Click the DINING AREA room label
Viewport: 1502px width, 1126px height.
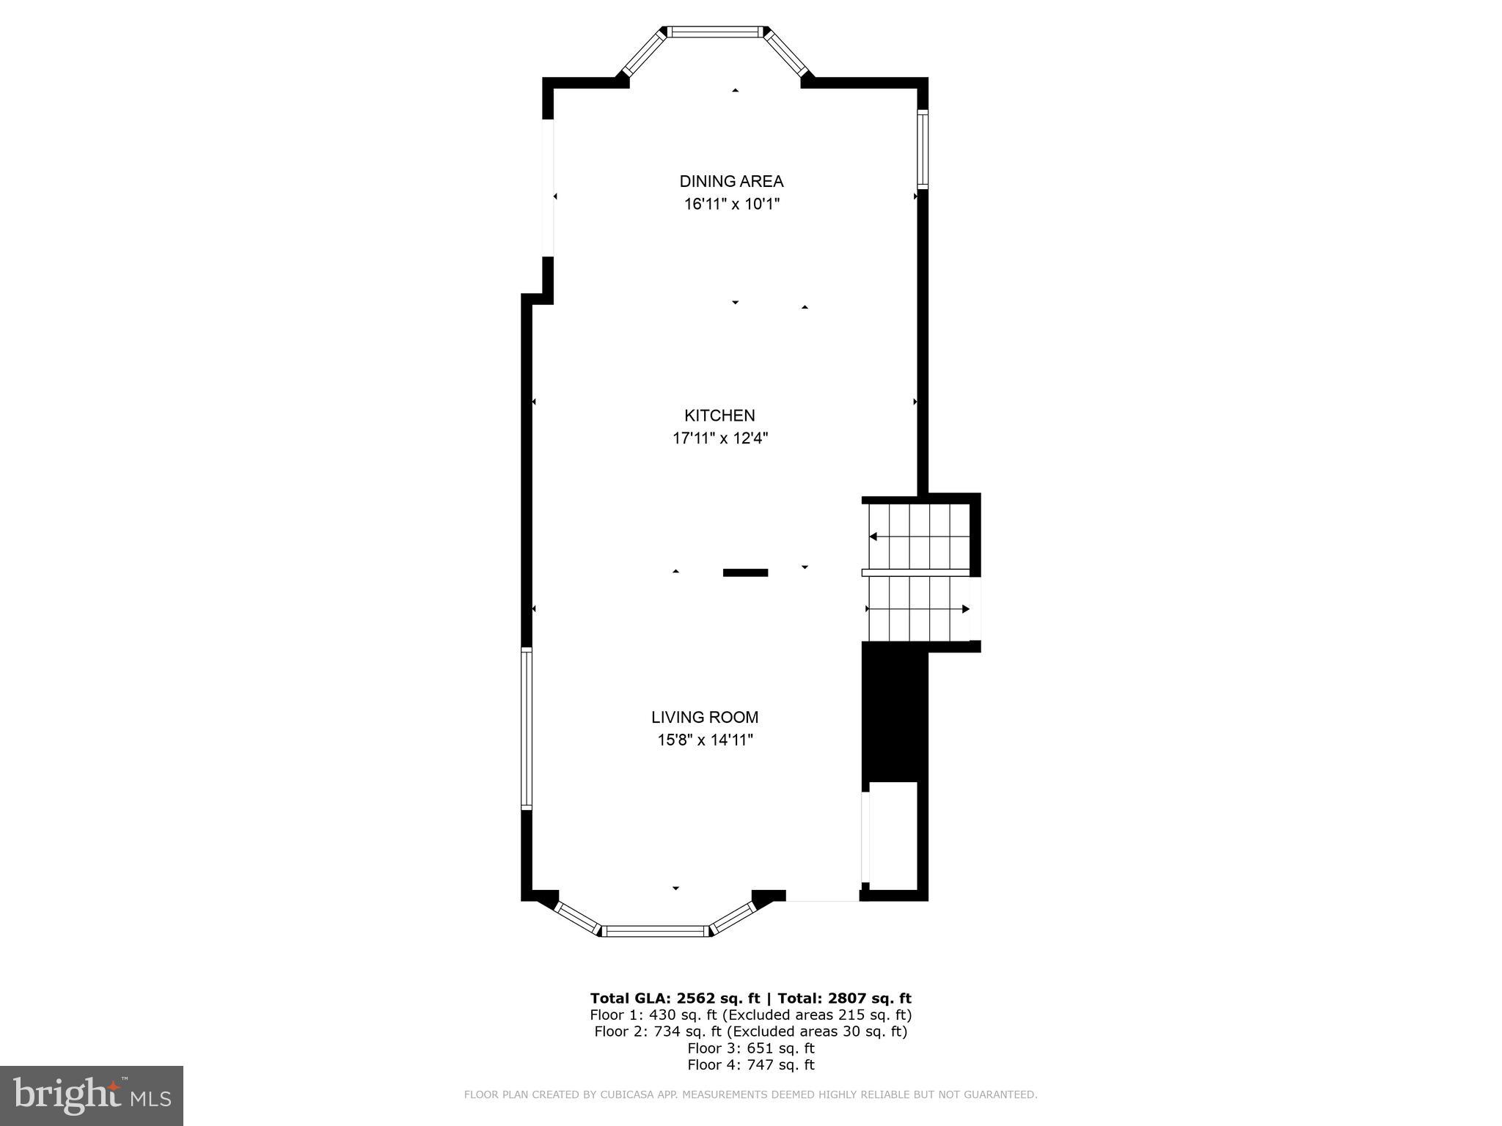(731, 181)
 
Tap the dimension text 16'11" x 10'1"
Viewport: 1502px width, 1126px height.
(731, 205)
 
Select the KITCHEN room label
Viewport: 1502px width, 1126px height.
(719, 416)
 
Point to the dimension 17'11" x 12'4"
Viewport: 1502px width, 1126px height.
(719, 439)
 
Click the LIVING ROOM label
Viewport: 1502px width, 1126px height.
(705, 718)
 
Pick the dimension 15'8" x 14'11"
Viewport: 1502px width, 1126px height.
(705, 740)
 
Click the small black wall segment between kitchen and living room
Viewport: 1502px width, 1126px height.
(745, 573)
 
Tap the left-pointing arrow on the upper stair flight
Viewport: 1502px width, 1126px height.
(873, 537)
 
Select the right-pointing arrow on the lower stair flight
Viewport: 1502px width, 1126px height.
(965, 608)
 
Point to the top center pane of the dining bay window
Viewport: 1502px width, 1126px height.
(714, 32)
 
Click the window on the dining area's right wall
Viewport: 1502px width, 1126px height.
(923, 150)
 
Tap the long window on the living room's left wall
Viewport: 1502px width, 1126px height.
(526, 729)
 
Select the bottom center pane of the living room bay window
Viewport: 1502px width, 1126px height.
(655, 931)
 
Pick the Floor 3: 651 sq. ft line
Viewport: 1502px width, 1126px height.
(750, 1048)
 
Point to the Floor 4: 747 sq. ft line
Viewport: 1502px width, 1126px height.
(750, 1065)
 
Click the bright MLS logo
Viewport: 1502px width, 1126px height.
(91, 1095)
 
